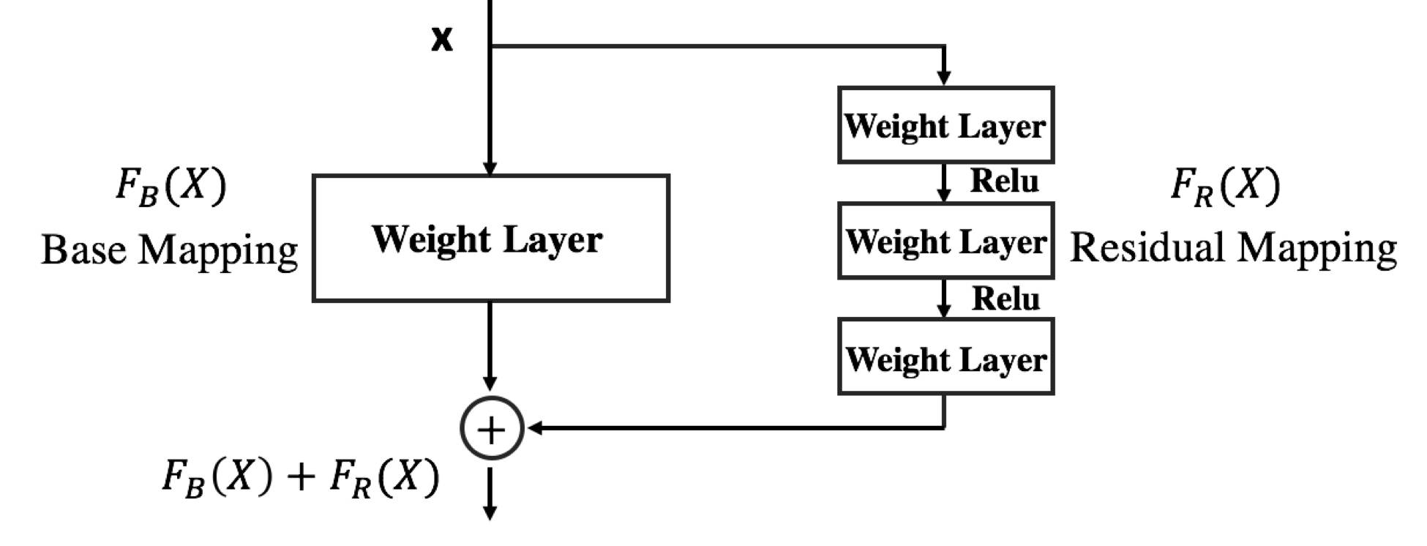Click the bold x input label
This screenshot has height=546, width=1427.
click(441, 39)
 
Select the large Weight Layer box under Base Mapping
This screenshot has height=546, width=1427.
click(490, 238)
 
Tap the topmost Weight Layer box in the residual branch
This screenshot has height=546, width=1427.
click(945, 125)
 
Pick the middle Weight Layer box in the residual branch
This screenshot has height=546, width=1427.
click(945, 241)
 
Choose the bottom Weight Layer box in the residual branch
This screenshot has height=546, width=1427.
click(945, 357)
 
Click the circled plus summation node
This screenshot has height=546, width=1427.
click(492, 428)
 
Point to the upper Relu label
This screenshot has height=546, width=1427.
click(1004, 181)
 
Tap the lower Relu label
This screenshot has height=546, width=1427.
click(1005, 298)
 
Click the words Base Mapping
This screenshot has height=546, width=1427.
click(169, 250)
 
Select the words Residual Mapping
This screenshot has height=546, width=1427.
click(1233, 248)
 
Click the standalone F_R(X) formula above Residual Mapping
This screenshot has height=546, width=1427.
click(1226, 185)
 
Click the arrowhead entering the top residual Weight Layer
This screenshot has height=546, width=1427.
click(944, 78)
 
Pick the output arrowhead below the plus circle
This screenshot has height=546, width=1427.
click(490, 512)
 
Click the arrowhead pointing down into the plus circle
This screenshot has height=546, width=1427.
click(490, 383)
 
